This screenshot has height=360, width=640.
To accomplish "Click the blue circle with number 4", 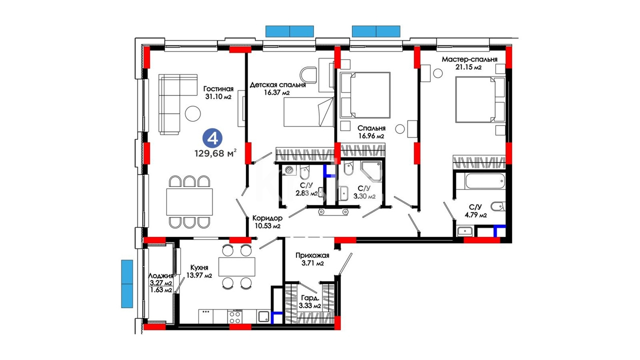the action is coord(212,139).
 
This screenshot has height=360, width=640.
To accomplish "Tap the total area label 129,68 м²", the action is coord(215,153).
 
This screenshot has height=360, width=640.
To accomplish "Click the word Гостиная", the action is coord(218,89).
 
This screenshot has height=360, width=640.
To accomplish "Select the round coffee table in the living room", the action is coord(193,113).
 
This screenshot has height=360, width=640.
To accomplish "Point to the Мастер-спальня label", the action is coord(469,59).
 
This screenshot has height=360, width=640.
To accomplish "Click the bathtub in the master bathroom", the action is coord(485,181).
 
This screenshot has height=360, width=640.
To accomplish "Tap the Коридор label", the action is coord(267,218).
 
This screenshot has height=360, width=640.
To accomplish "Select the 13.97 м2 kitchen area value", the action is coord(199,275).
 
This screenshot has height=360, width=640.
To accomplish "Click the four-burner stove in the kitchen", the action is coord(235,316).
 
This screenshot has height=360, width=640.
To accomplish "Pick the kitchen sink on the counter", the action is coord(263,316).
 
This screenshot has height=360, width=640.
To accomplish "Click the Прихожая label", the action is coord(312,255).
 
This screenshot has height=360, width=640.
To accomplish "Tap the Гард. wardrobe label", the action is coord(309,298).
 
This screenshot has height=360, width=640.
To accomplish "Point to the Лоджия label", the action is coord(161,276).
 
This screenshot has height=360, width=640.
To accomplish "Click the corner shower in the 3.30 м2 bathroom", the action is coord(371,171).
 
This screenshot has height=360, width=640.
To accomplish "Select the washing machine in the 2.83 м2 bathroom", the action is coord(290,169).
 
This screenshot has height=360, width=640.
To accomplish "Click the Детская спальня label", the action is coord(277,85).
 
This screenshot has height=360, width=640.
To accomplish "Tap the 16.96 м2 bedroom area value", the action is coord(371,136).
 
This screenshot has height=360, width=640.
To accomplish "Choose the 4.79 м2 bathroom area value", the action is coord(475,215).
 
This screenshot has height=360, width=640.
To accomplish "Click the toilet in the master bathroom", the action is coord(497,206).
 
